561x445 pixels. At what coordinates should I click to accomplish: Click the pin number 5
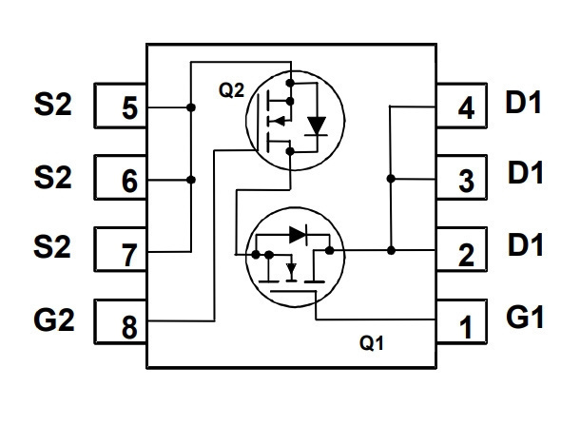click(129, 107)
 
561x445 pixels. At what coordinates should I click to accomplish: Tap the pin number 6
click(129, 181)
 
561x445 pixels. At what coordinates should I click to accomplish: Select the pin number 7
click(129, 255)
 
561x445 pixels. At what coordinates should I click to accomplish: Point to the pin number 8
click(129, 327)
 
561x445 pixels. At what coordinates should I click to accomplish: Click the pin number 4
click(466, 107)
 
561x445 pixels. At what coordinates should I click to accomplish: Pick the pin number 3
click(466, 181)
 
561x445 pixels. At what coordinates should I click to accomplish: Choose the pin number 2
click(466, 255)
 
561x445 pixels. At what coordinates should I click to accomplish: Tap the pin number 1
click(466, 327)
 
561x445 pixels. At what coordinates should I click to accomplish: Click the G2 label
click(54, 319)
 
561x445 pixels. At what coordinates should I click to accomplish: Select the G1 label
click(525, 317)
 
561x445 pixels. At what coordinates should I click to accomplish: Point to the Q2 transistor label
click(231, 90)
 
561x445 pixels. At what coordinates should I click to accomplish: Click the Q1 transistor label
click(372, 343)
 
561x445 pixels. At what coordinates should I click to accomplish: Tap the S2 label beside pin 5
click(52, 104)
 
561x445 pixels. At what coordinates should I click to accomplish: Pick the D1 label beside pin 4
click(523, 102)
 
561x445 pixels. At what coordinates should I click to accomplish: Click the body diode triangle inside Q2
click(317, 126)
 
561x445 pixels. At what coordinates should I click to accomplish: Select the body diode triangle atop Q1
click(298, 235)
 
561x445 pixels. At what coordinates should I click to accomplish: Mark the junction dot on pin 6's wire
click(191, 180)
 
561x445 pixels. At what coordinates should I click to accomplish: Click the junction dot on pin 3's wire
click(391, 179)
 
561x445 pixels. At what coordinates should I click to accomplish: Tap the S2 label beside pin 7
click(52, 246)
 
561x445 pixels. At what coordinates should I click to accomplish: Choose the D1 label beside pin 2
click(526, 244)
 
